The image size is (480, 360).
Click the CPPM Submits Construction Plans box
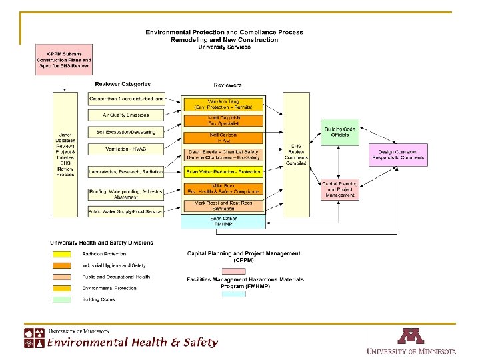tap(64, 60)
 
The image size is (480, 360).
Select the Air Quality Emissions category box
tap(127, 115)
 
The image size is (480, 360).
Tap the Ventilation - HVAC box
tap(127, 149)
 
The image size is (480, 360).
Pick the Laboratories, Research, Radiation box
tap(127, 172)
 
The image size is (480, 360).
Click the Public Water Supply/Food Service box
tap(127, 212)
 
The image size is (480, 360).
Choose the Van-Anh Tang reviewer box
tap(223, 104)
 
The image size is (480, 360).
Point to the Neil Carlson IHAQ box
tap(223, 138)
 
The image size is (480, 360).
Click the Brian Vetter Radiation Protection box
tap(223, 172)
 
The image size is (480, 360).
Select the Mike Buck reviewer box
tap(223, 189)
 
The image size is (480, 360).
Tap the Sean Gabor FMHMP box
tap(223, 221)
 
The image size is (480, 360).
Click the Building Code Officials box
tap(340, 131)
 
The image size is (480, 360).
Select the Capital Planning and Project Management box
tap(340, 189)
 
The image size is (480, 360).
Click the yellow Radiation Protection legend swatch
tap(61, 254)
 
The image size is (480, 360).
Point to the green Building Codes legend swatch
tap(61, 299)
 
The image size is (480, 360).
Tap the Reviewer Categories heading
tap(123, 85)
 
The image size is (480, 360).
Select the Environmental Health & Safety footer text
tap(132, 343)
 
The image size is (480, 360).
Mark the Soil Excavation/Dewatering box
tap(127, 132)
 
